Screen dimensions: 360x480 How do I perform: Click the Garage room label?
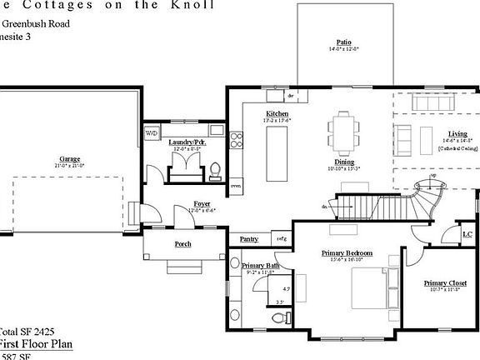(69, 159)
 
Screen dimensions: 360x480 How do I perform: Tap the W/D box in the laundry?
(152, 133)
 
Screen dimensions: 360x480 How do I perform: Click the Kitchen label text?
(277, 113)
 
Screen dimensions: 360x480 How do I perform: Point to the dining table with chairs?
(343, 129)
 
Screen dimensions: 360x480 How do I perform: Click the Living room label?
(457, 133)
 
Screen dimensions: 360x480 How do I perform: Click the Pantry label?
(248, 239)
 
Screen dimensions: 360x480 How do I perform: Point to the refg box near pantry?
(281, 239)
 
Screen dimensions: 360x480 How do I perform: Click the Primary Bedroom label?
(347, 252)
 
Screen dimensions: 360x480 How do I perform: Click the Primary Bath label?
(261, 265)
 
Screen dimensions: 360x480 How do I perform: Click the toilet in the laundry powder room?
(216, 172)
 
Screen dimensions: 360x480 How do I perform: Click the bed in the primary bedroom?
(370, 291)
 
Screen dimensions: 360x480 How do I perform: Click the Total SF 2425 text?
(25, 330)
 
